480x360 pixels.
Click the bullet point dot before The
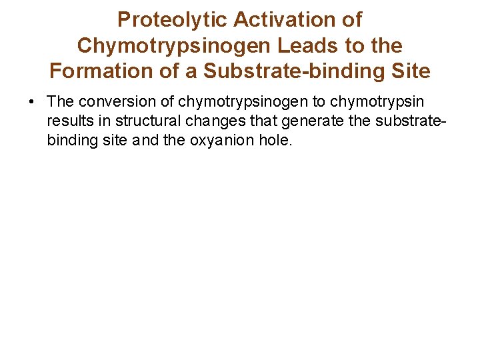tap(31, 102)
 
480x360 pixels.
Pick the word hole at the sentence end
tap(277, 141)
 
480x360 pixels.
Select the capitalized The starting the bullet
tap(61, 102)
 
